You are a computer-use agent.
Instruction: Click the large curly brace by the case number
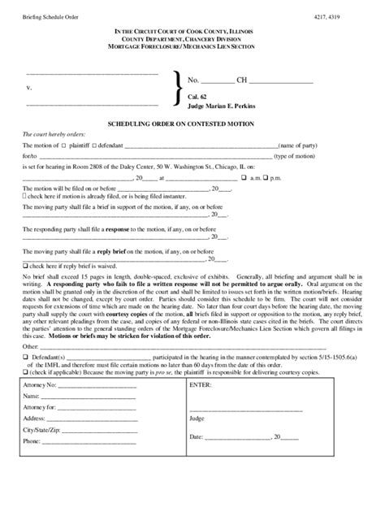tap(177, 89)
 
